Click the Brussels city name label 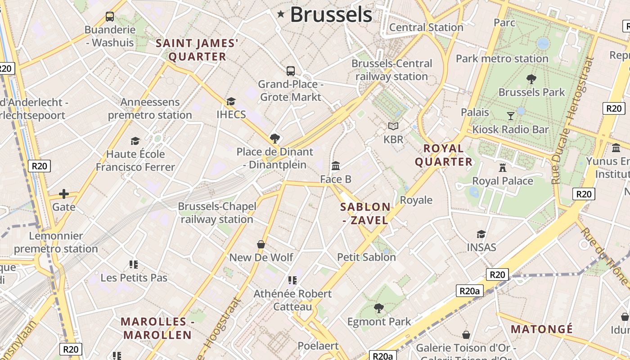(331, 14)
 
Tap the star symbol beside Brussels (281, 14)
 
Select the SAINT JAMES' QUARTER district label (197, 50)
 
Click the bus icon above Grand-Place (291, 71)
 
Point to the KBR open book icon (393, 126)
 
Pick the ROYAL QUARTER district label (444, 155)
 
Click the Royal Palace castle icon (503, 168)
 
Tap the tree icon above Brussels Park (531, 79)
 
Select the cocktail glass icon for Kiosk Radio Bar (510, 116)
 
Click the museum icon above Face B (336, 166)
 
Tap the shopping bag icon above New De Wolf (261, 244)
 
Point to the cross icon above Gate (64, 194)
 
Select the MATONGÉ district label (542, 329)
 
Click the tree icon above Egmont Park (379, 308)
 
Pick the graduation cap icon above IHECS (231, 101)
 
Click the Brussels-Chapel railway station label (217, 213)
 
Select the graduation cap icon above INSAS (481, 234)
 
